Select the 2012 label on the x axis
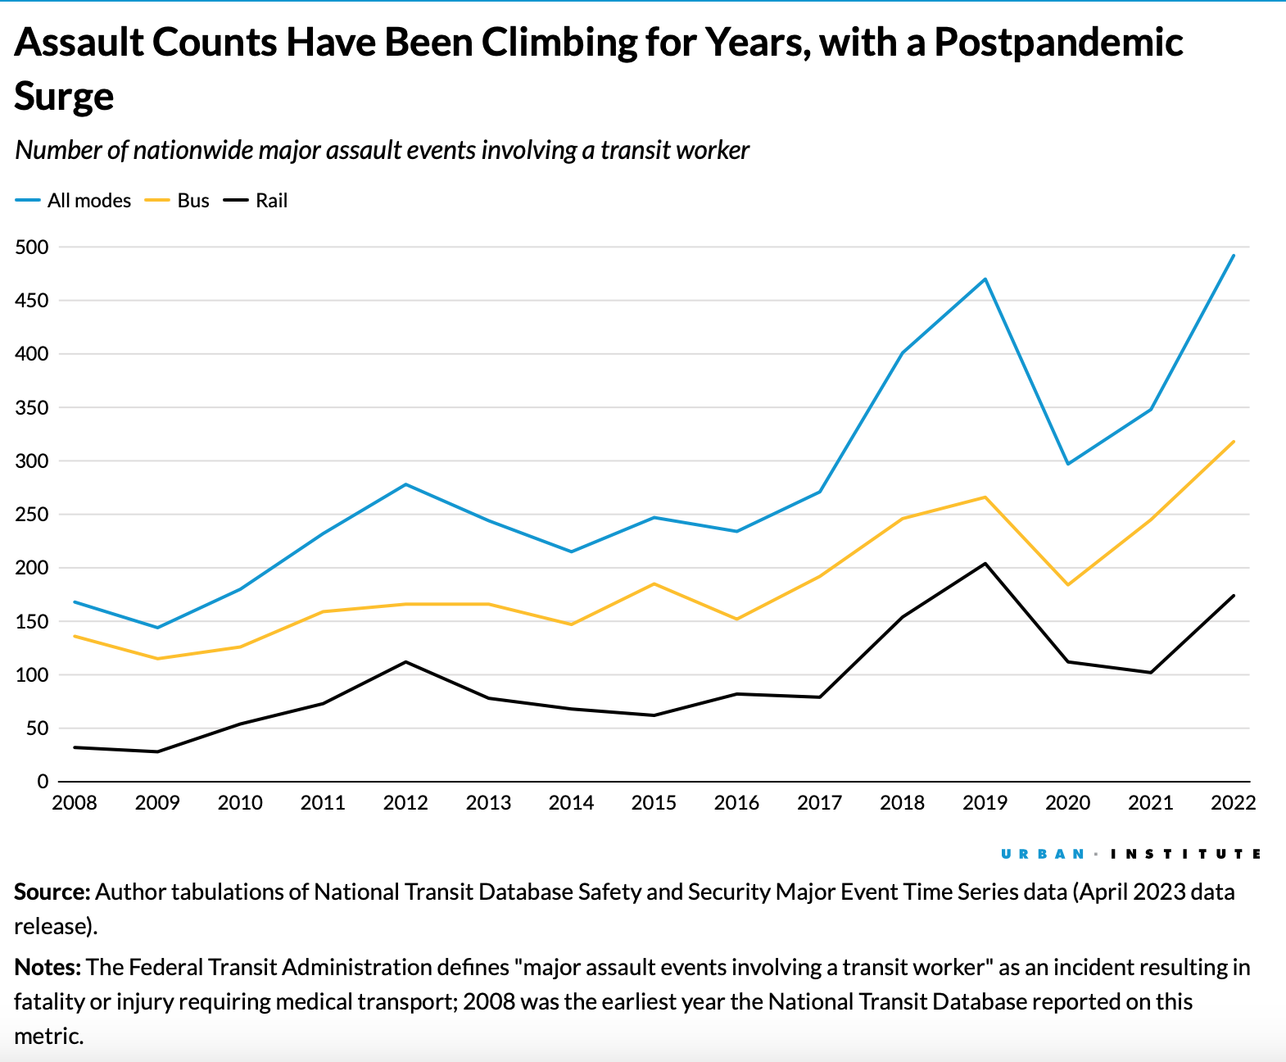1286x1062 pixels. click(x=405, y=803)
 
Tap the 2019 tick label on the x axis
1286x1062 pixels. click(x=985, y=803)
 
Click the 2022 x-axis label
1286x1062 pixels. click(x=1233, y=803)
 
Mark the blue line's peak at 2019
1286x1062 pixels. click(x=985, y=279)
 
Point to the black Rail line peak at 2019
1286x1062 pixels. click(x=985, y=564)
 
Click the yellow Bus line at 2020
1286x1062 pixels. click(x=1067, y=584)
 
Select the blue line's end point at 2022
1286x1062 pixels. click(x=1233, y=256)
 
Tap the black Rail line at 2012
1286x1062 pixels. click(x=405, y=662)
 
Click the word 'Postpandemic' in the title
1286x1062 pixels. click(x=1058, y=43)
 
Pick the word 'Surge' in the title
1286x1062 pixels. click(x=64, y=97)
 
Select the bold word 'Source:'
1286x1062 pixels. click(x=52, y=892)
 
